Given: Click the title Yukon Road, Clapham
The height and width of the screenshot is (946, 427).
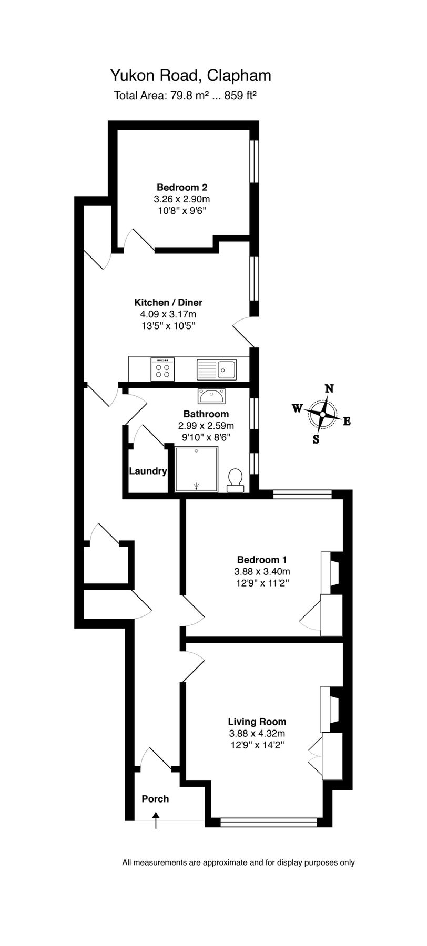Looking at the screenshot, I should click(x=190, y=76).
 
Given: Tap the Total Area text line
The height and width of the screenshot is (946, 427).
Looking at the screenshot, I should click(x=185, y=96).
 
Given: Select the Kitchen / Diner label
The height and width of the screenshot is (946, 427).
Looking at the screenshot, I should click(x=168, y=302).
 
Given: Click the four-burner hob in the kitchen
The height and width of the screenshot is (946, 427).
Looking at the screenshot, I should click(x=162, y=368).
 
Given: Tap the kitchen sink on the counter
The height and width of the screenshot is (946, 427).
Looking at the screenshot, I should click(x=217, y=369).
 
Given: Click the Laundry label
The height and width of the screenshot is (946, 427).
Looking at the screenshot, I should click(x=148, y=471).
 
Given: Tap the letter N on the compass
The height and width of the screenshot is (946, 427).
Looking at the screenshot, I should click(x=329, y=389).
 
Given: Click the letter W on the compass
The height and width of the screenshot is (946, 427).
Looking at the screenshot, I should click(x=297, y=408).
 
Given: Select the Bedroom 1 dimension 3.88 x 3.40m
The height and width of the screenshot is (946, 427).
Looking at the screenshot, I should click(x=262, y=571).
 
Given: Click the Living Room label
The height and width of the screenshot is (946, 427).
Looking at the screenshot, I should click(x=257, y=722).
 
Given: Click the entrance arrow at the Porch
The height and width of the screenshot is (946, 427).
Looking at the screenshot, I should click(x=156, y=820).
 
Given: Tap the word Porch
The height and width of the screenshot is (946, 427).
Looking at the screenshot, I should click(x=155, y=799).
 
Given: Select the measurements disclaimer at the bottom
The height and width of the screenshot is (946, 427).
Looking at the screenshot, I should click(x=238, y=862).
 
